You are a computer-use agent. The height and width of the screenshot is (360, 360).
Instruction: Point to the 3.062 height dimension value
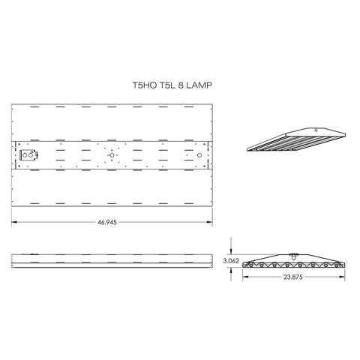click(231, 260)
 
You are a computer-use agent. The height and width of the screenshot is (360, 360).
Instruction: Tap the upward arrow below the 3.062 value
click(231, 272)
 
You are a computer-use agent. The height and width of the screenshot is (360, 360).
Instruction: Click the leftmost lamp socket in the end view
click(254, 265)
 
